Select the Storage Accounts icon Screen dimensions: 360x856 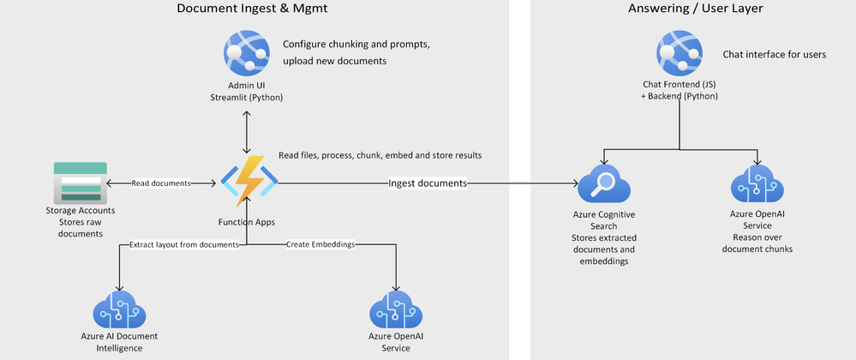(x=81, y=182)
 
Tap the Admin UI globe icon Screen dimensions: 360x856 (x=246, y=53)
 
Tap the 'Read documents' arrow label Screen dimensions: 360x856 (x=161, y=183)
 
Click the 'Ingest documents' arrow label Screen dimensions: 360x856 (x=428, y=183)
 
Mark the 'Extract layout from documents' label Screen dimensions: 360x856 (x=183, y=245)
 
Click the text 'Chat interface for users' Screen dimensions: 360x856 (x=774, y=54)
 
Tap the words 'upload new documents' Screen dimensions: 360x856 (x=337, y=61)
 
